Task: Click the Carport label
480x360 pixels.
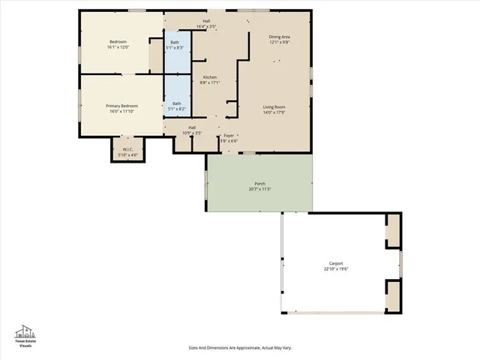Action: [x=336, y=263]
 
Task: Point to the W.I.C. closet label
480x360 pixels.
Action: [x=127, y=149]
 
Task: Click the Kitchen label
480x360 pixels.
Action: [x=210, y=77]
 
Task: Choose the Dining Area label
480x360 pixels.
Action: [x=280, y=37]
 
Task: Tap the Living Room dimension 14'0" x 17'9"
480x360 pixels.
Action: [x=274, y=112]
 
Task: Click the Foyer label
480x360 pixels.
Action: [x=229, y=136]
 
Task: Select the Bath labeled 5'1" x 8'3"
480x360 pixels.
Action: [x=175, y=44]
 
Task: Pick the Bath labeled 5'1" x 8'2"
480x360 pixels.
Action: [x=176, y=106]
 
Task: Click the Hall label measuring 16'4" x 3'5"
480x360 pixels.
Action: [x=206, y=23]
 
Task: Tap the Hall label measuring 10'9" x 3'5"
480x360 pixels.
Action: [x=192, y=130]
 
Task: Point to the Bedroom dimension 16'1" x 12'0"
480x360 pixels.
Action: [x=118, y=46]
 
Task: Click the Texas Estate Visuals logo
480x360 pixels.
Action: [x=25, y=335]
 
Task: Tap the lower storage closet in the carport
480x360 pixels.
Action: [x=393, y=295]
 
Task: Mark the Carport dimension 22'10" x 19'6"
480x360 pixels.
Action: [x=336, y=268]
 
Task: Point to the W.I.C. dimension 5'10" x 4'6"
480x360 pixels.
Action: [x=127, y=154]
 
